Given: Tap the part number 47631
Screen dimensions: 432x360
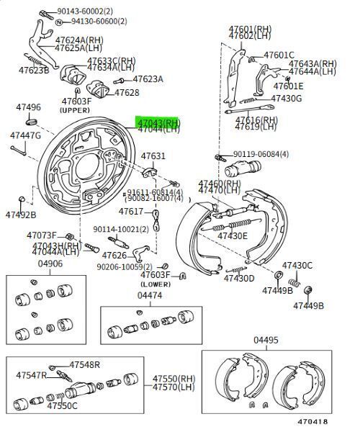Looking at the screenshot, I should tap(153, 156).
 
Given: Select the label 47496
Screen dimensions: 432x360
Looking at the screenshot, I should tap(28, 107).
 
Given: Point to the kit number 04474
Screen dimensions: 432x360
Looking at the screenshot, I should tap(150, 295).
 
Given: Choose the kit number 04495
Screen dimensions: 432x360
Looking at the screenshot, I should tap(266, 340).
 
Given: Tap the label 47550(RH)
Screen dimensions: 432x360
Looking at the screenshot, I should tap(174, 378).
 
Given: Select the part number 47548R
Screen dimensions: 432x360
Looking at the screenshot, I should tap(85, 365).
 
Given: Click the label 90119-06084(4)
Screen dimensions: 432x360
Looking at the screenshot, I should tap(261, 154).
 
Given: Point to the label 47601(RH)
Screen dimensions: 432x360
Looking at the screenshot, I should tap(245, 30).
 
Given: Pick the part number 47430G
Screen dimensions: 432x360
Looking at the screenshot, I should tap(287, 98).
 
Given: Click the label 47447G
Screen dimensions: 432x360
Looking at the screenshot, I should tap(25, 135).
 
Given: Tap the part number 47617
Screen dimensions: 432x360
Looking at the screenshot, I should tap(131, 212).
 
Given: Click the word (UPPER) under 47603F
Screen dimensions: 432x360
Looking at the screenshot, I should tap(76, 111).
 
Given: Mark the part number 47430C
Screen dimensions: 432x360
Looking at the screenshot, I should tap(297, 265).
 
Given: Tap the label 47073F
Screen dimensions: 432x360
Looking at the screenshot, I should tap(42, 235).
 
